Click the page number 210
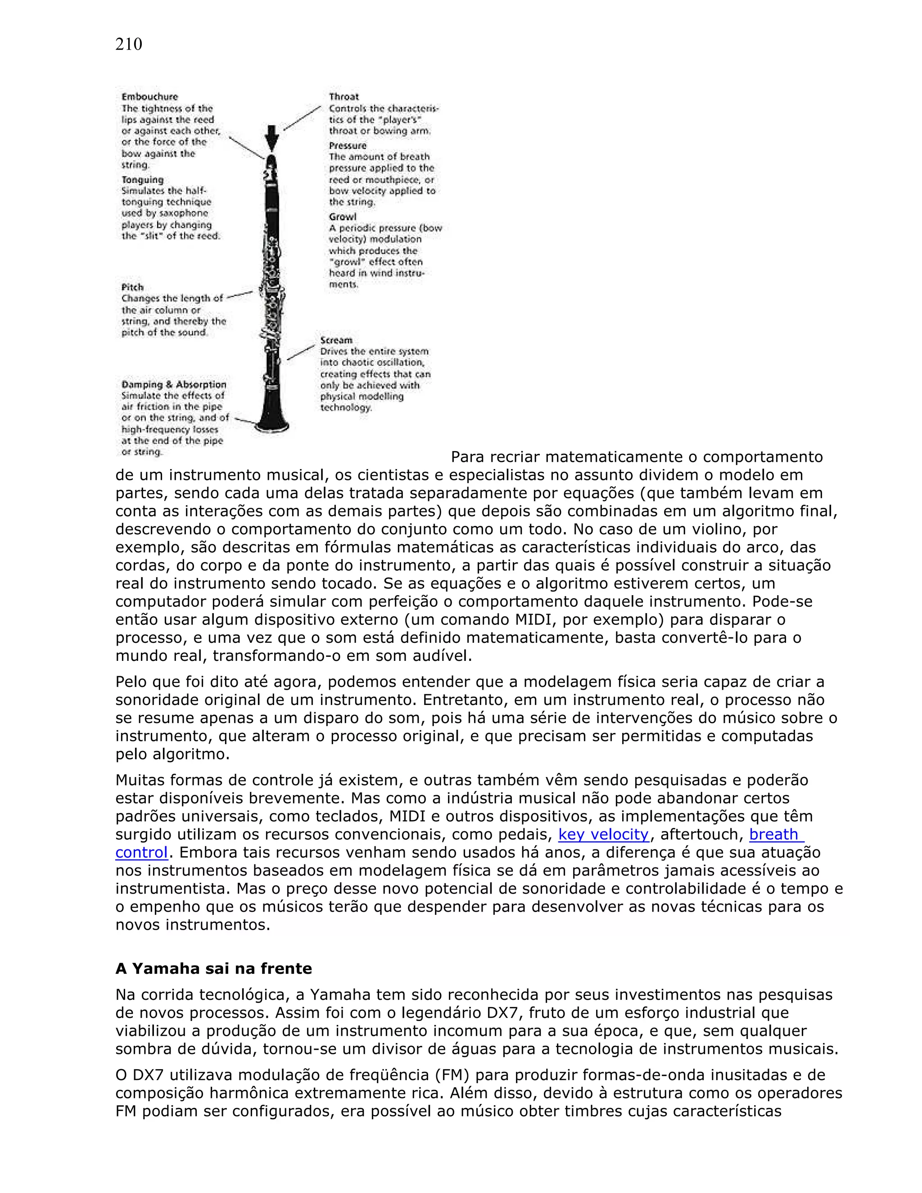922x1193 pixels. (128, 44)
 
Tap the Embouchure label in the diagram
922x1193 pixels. (149, 97)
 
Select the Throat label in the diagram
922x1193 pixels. (343, 97)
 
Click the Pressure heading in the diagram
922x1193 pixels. (348, 145)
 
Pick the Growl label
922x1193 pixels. (343, 217)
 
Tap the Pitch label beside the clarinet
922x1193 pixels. (132, 287)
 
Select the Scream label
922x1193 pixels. (336, 340)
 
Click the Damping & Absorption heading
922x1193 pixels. (174, 384)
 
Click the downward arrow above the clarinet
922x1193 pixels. (271, 138)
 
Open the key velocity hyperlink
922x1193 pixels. (603, 835)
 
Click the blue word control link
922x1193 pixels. (141, 853)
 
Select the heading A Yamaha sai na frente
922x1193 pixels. (213, 968)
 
